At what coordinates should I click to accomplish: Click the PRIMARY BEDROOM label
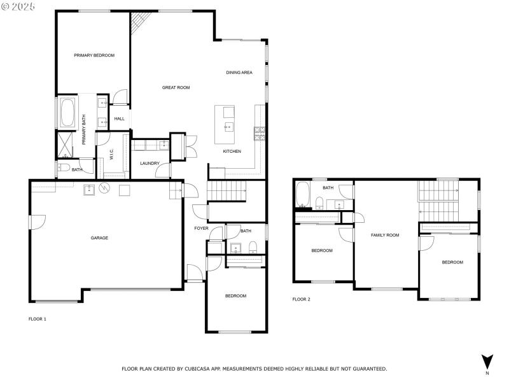click(x=94, y=55)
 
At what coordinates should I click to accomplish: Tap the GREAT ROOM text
click(x=176, y=87)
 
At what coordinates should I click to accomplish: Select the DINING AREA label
click(x=239, y=73)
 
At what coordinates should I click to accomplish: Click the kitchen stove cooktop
click(x=260, y=133)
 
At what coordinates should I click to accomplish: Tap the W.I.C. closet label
click(x=111, y=154)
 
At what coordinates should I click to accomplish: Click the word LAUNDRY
click(x=150, y=164)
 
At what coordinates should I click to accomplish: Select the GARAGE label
click(x=99, y=237)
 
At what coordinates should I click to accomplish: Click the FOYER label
click(x=201, y=228)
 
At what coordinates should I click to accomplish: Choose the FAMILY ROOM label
click(x=385, y=235)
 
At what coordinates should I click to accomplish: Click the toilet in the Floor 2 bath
click(x=319, y=203)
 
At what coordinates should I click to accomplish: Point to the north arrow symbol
click(x=487, y=361)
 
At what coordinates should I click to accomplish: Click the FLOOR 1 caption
click(x=38, y=318)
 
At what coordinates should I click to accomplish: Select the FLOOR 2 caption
click(x=301, y=299)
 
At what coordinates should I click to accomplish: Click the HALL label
click(x=120, y=118)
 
